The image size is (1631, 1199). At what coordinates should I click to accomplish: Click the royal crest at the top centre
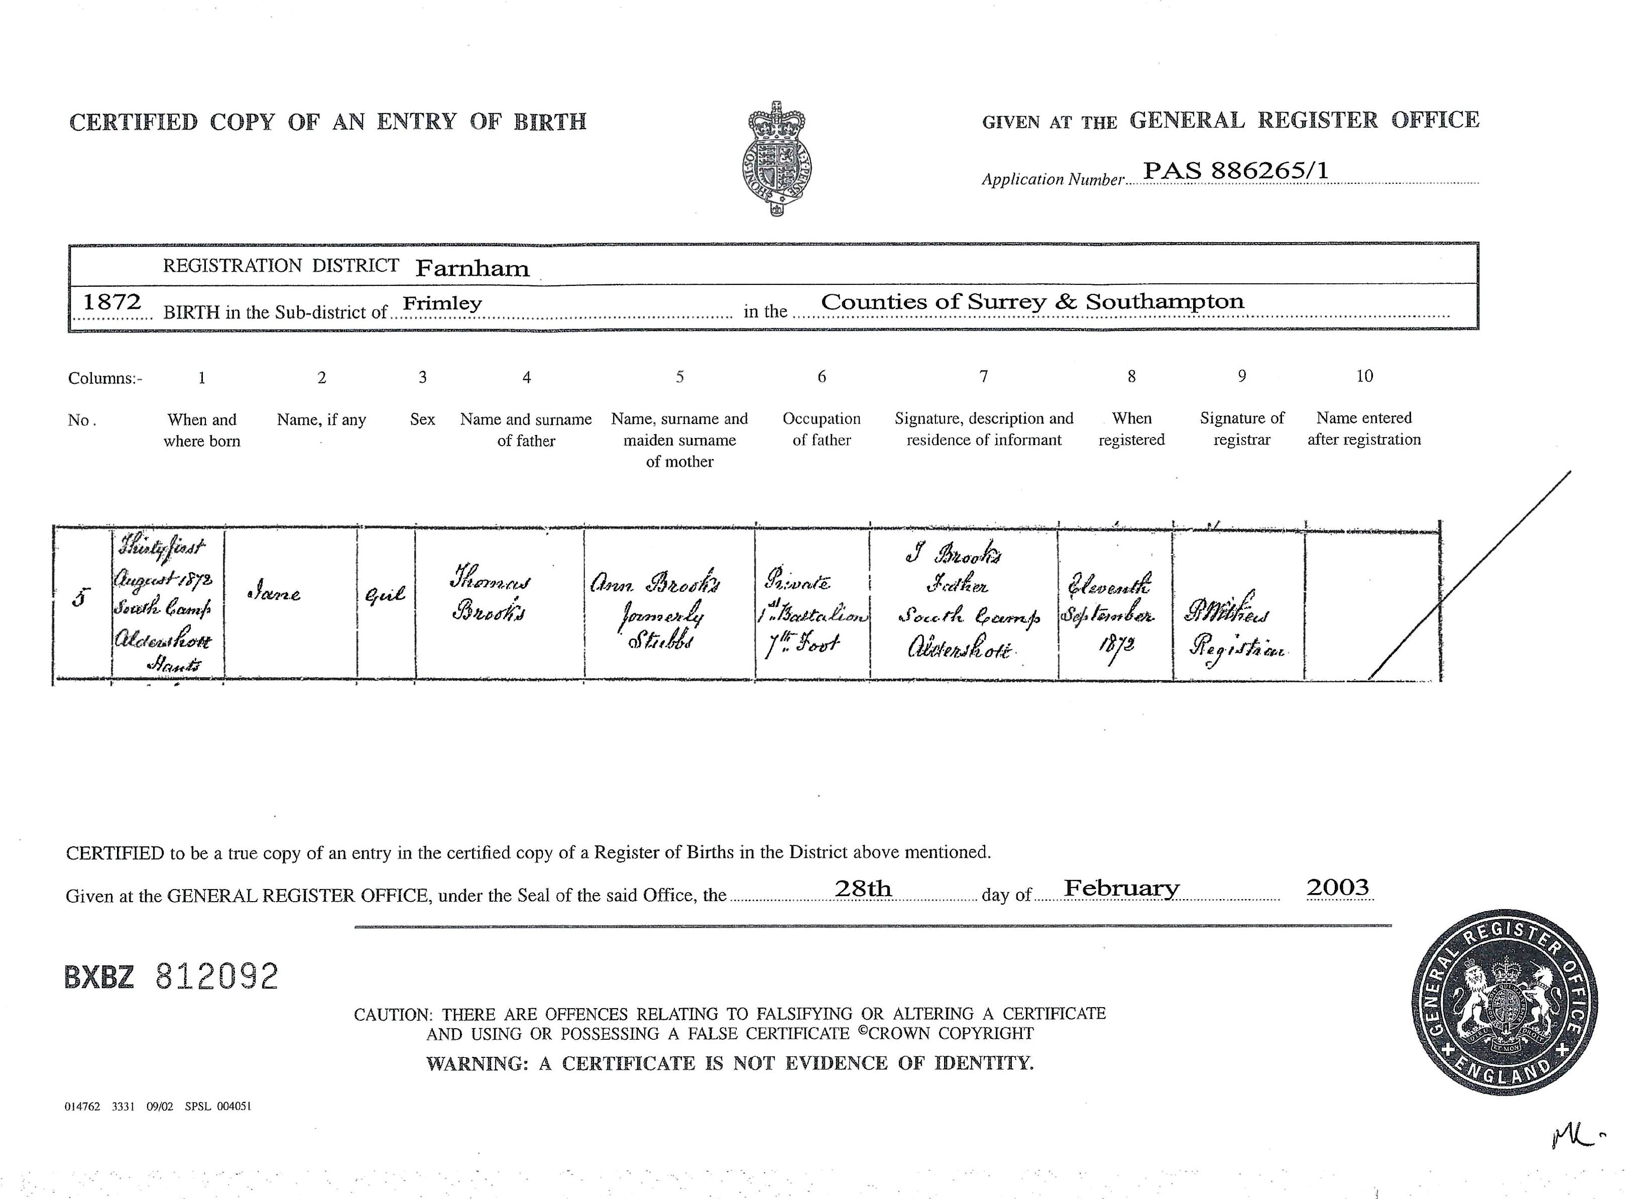[776, 159]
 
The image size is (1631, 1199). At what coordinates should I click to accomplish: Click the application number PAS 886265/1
[1236, 171]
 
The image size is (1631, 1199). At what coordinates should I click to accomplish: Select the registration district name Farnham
[473, 269]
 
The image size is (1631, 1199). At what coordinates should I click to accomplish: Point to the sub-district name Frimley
[442, 303]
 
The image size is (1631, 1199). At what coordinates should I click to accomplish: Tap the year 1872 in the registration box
[112, 301]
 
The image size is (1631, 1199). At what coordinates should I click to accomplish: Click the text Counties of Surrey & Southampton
[1032, 301]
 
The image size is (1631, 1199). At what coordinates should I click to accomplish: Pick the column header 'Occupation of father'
[822, 429]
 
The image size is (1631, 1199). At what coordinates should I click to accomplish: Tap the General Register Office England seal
[1504, 1005]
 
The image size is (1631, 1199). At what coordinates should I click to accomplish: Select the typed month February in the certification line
[1121, 889]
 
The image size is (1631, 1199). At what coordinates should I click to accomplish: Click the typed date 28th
[863, 889]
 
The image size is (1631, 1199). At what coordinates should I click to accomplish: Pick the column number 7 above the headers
[983, 376]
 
